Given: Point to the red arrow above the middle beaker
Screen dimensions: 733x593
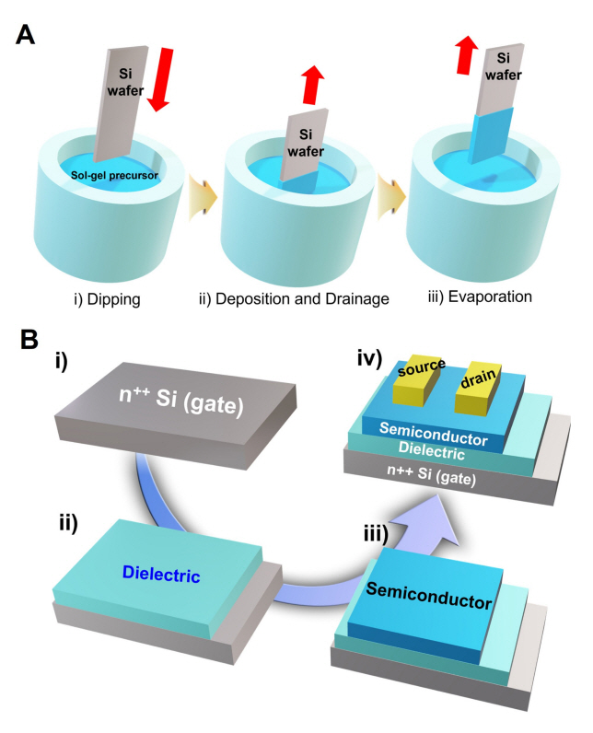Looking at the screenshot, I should (x=314, y=86).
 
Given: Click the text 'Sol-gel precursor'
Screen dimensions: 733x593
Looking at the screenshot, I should (x=114, y=177).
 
